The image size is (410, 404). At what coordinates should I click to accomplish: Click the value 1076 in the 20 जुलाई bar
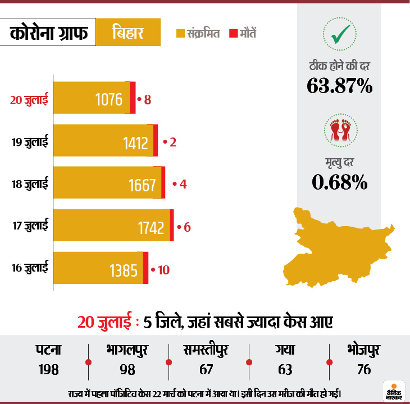pyautogui.click(x=109, y=100)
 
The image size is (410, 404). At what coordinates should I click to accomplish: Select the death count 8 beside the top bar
pyautogui.click(x=148, y=100)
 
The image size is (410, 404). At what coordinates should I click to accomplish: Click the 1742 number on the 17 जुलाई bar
pyautogui.click(x=151, y=227)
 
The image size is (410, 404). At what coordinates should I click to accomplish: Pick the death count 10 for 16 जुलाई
pyautogui.click(x=163, y=269)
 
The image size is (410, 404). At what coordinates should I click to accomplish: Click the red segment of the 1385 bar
pyautogui.click(x=145, y=268)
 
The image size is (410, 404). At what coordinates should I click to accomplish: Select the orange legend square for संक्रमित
pyautogui.click(x=180, y=34)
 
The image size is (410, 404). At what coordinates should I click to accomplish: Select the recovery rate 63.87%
pyautogui.click(x=339, y=85)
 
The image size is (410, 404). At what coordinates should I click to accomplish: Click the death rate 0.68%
pyautogui.click(x=339, y=181)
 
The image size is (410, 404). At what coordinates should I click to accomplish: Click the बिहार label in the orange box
pyautogui.click(x=128, y=33)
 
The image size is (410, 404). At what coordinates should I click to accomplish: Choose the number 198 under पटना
pyautogui.click(x=49, y=370)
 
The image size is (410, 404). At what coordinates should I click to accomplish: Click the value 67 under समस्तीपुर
pyautogui.click(x=207, y=370)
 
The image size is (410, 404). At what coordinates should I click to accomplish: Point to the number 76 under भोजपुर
pyautogui.click(x=363, y=370)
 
